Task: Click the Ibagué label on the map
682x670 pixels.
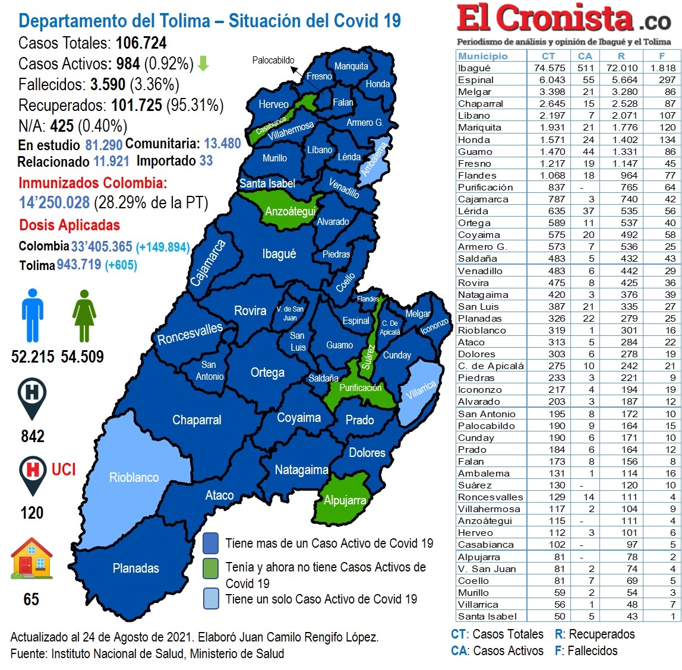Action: (279, 254)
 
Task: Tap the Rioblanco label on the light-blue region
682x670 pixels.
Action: (134, 478)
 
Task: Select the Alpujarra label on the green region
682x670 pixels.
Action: (345, 500)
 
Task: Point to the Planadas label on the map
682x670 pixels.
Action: (136, 569)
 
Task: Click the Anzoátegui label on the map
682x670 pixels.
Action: (291, 212)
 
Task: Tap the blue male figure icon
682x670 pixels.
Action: (33, 316)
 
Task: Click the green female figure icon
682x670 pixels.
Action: (84, 316)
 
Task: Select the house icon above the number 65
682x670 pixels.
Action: (31, 558)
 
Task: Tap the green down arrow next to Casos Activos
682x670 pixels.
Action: (203, 63)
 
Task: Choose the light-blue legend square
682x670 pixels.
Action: (211, 599)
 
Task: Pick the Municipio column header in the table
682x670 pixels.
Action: (483, 56)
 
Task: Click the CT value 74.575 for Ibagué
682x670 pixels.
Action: (550, 68)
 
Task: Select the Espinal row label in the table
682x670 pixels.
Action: (476, 80)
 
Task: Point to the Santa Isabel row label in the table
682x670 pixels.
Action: (487, 617)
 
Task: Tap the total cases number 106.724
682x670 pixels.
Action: (141, 43)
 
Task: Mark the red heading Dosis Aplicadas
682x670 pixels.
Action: (70, 226)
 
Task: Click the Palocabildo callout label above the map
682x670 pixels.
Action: (273, 61)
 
